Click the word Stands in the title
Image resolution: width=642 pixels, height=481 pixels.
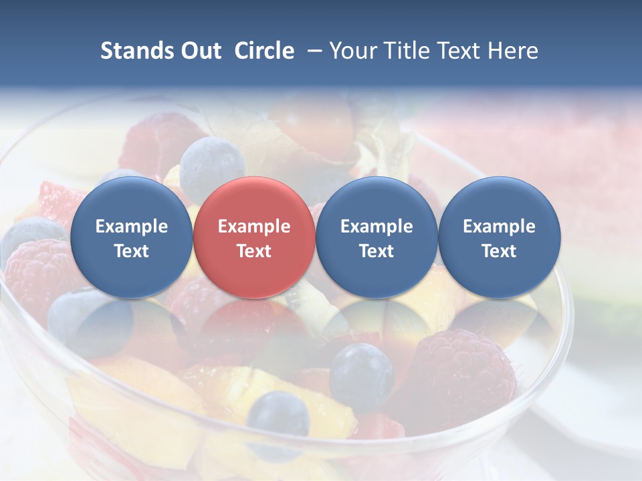[x=138, y=51]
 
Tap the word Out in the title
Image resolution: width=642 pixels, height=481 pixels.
[x=201, y=51]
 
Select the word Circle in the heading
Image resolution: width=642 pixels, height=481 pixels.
[x=264, y=51]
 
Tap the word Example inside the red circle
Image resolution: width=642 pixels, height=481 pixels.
[x=254, y=226]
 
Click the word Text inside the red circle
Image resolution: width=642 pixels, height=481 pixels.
[x=254, y=251]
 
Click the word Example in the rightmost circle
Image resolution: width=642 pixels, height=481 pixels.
[x=499, y=226]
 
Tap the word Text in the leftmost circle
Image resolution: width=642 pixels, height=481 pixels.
[x=131, y=251]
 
